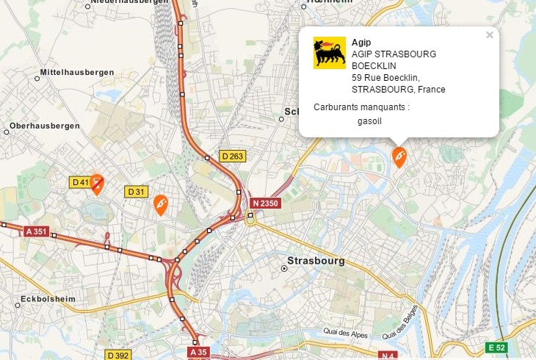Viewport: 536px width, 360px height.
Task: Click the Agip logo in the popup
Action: click(x=329, y=53)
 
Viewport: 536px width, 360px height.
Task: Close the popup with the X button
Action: click(x=490, y=35)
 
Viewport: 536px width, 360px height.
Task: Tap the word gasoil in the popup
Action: click(x=369, y=121)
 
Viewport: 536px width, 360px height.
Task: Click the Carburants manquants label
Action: click(x=361, y=107)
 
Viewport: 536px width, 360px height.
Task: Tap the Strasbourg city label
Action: click(x=316, y=261)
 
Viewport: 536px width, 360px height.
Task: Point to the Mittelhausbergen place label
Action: click(x=76, y=72)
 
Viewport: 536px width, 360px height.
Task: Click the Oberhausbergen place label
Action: click(x=45, y=126)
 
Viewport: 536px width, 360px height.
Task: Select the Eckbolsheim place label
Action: click(x=49, y=300)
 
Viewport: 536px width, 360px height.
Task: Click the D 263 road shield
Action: click(x=232, y=156)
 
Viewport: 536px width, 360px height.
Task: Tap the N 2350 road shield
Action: click(x=265, y=203)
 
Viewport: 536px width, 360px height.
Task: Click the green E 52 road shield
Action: click(x=497, y=347)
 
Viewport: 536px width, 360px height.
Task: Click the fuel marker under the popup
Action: click(x=399, y=156)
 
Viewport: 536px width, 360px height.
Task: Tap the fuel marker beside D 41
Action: click(x=97, y=184)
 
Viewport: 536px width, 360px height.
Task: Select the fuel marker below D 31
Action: click(x=161, y=204)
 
